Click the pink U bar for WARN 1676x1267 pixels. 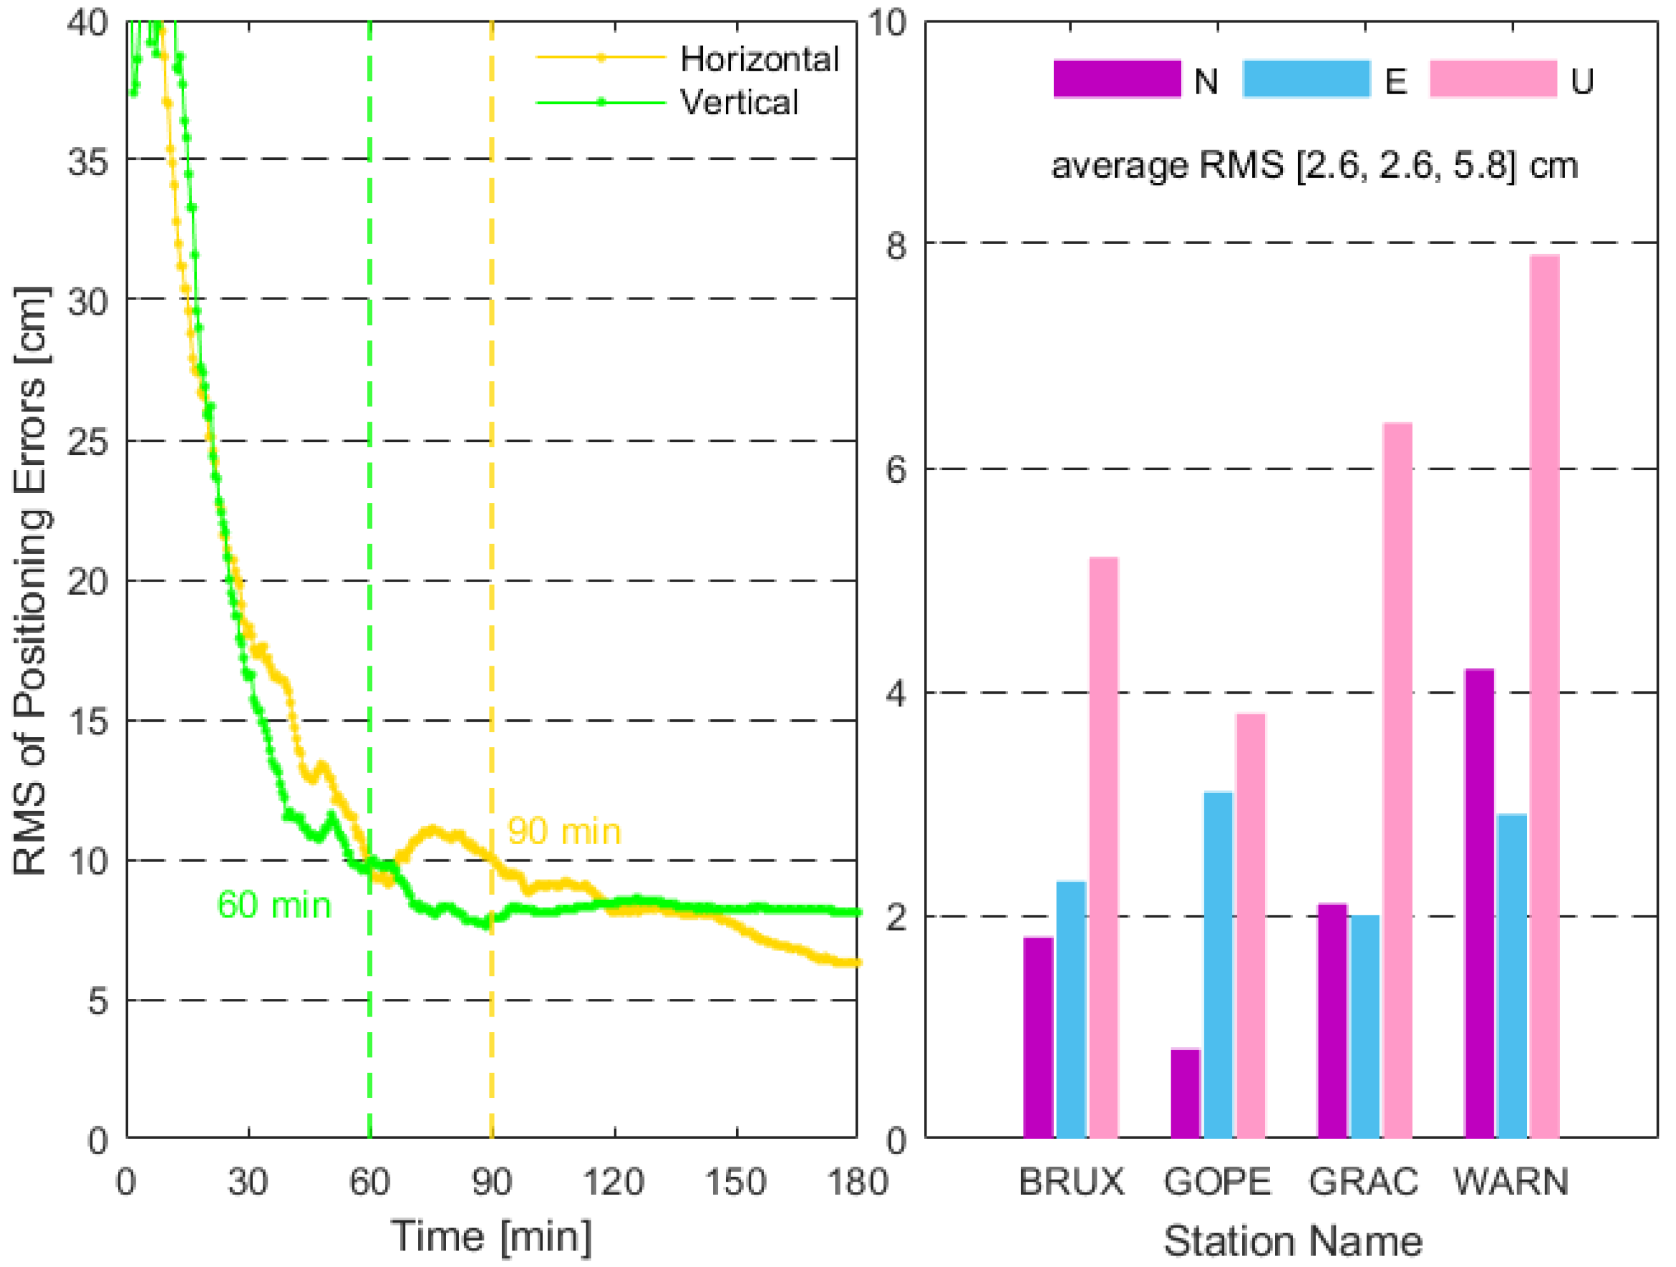coord(1544,697)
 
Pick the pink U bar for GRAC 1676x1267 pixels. coord(1397,780)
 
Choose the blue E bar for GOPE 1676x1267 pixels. coord(1218,965)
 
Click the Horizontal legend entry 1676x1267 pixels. coord(758,59)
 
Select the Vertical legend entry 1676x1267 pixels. coord(739,102)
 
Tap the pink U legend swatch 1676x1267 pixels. coord(1492,80)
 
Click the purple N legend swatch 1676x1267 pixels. coord(1117,80)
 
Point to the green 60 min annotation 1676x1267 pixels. coord(274,906)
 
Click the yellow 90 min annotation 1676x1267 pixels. coord(565,831)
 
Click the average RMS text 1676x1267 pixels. coord(1315,165)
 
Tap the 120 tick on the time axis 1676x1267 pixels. coord(614,1182)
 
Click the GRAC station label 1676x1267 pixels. coord(1363,1182)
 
